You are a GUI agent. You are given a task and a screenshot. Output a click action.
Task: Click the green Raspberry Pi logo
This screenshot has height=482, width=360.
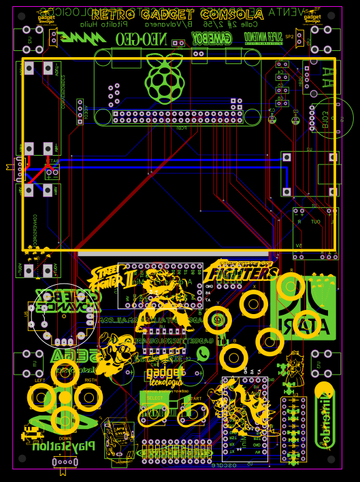click(x=163, y=80)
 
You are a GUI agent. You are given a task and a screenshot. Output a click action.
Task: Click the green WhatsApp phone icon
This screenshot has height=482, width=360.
click(x=203, y=353)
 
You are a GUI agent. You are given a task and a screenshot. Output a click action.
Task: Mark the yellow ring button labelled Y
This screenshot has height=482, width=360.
click(x=217, y=320)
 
